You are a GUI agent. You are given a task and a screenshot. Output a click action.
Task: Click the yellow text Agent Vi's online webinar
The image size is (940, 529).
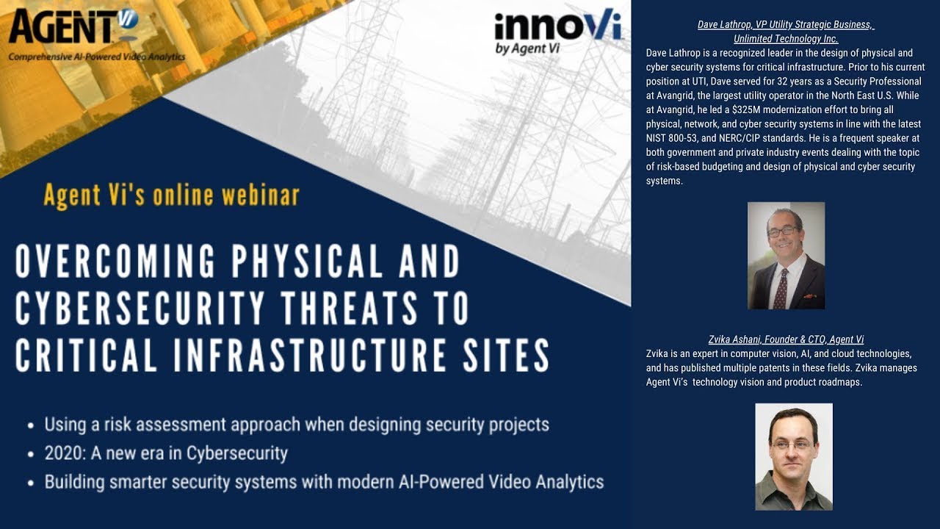[171, 195]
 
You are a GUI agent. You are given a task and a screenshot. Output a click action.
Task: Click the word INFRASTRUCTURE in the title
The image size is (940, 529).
[303, 356]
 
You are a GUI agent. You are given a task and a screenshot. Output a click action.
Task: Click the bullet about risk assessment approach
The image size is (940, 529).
[296, 425]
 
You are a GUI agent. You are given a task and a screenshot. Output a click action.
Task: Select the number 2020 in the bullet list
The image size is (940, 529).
[60, 453]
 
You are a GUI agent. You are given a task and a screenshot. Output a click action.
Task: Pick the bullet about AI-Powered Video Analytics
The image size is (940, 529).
[324, 482]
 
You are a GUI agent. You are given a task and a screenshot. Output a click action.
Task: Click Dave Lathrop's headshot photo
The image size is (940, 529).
[786, 256]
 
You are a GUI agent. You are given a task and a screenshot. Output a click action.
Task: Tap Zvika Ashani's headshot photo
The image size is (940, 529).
[794, 456]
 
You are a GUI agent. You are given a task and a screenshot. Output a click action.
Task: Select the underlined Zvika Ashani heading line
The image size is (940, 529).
[786, 339]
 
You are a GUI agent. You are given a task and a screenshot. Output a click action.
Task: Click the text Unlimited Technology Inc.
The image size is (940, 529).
[786, 39]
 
